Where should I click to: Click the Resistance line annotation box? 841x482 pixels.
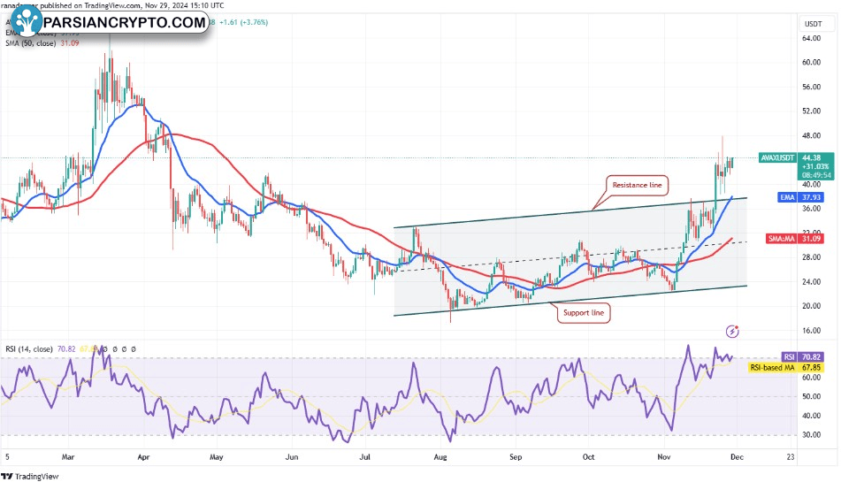click(637, 185)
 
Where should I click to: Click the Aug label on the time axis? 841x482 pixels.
click(440, 457)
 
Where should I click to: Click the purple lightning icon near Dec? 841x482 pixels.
click(732, 331)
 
